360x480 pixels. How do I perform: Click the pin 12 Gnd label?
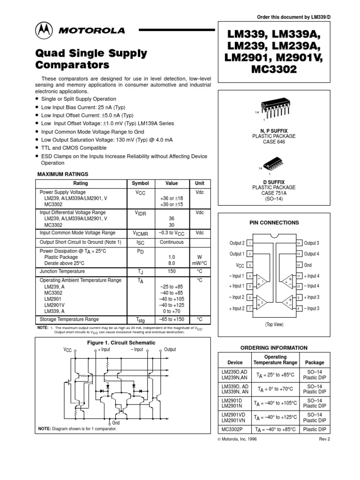309,265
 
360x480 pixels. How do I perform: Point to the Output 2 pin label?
237,243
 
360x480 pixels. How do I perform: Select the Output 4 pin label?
311,254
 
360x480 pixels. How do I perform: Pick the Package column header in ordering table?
314,362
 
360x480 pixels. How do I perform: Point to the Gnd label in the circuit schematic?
116,409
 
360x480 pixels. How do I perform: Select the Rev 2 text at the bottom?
325,439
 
